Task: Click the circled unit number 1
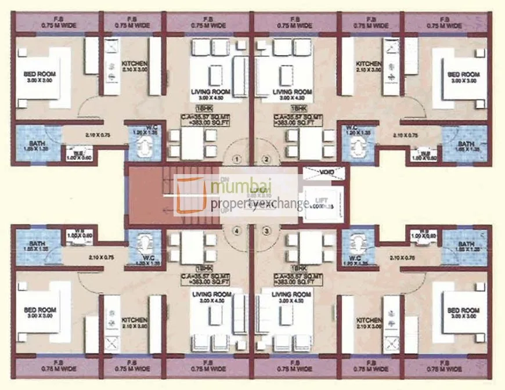236,158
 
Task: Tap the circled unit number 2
266,158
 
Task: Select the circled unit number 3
266,230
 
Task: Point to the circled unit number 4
236,230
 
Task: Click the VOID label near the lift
323,172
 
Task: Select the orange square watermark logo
192,195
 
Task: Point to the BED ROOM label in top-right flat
463,74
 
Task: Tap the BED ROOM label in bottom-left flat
40,310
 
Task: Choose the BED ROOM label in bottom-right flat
463,310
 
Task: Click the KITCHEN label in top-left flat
134,64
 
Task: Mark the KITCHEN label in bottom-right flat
369,320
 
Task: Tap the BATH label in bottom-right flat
466,244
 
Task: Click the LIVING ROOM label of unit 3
292,294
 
